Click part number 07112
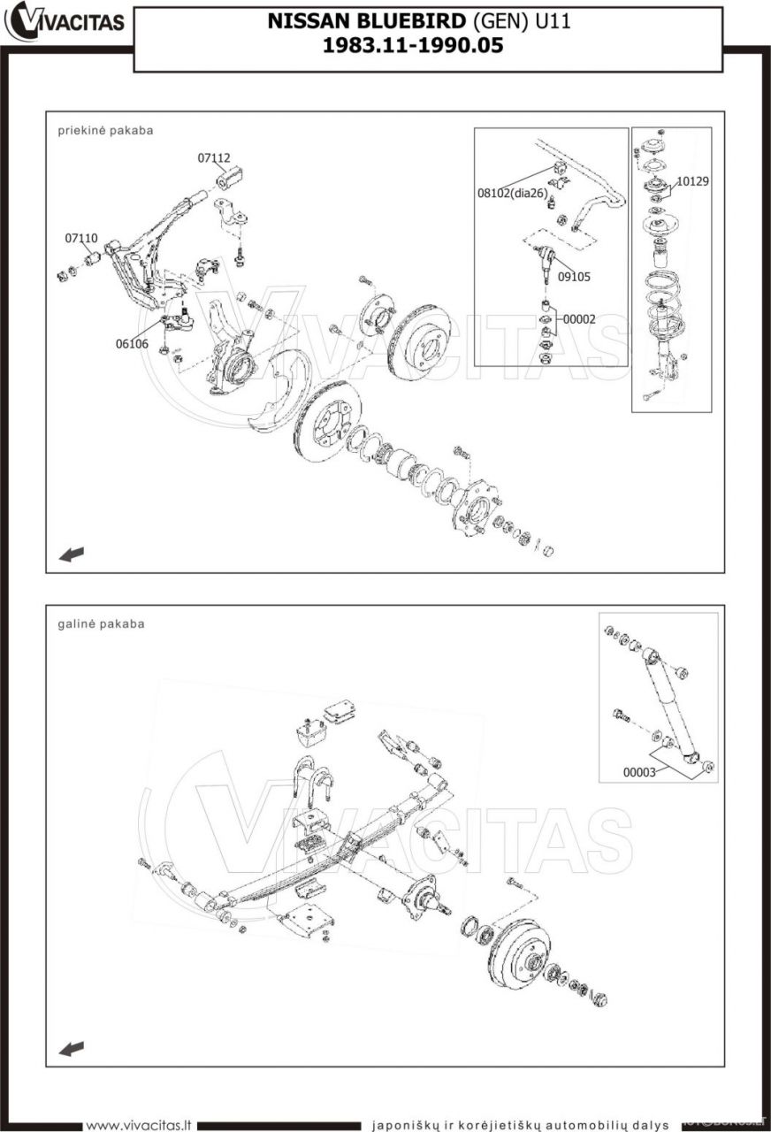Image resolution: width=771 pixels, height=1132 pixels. point(213,158)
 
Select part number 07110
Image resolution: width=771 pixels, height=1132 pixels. point(80,239)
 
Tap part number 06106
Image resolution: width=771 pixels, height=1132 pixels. point(132,344)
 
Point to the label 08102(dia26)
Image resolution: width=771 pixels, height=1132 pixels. point(513,193)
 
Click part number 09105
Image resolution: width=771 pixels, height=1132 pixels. point(574,277)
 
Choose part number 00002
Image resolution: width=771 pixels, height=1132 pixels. point(579,318)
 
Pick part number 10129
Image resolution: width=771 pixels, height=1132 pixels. point(693,181)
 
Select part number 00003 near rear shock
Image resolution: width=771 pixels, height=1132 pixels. point(639,772)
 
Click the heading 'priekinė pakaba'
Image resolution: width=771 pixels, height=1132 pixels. point(105,130)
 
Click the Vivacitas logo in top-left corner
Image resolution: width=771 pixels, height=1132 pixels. point(65,22)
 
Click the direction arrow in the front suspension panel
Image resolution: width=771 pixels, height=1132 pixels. point(71,555)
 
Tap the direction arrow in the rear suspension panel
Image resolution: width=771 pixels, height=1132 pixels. point(71,1048)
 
